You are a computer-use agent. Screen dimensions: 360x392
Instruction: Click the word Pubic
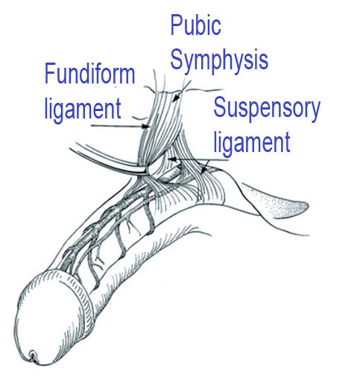[x=195, y=25]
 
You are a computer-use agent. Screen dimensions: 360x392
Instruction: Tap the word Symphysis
[x=219, y=60]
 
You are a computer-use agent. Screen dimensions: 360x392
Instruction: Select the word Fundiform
[x=89, y=73]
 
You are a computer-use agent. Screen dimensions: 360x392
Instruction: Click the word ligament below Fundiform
[x=83, y=110]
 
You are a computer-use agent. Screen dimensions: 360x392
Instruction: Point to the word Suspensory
[x=267, y=109]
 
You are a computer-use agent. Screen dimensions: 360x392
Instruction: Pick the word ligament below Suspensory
[x=252, y=143]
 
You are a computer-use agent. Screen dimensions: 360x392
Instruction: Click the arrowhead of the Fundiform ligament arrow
[x=147, y=127]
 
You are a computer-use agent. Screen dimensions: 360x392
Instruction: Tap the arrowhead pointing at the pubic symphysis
[x=176, y=98]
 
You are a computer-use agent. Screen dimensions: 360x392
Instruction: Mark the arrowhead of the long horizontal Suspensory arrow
[x=171, y=159]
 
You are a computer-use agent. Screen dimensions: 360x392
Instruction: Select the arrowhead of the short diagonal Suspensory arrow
[x=203, y=171]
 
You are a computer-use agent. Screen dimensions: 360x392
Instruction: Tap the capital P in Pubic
[x=176, y=25]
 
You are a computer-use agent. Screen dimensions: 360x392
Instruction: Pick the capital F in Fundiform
[x=49, y=73]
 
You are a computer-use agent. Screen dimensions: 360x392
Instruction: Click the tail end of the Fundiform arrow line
[x=92, y=125]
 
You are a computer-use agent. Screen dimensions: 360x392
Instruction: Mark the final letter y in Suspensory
[x=315, y=112]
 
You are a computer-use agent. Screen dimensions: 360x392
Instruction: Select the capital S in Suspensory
[x=219, y=107]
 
